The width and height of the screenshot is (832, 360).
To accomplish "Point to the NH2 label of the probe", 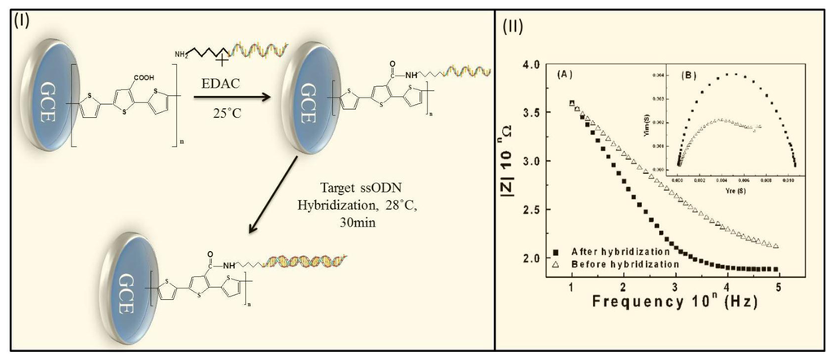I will tap(181, 53).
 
